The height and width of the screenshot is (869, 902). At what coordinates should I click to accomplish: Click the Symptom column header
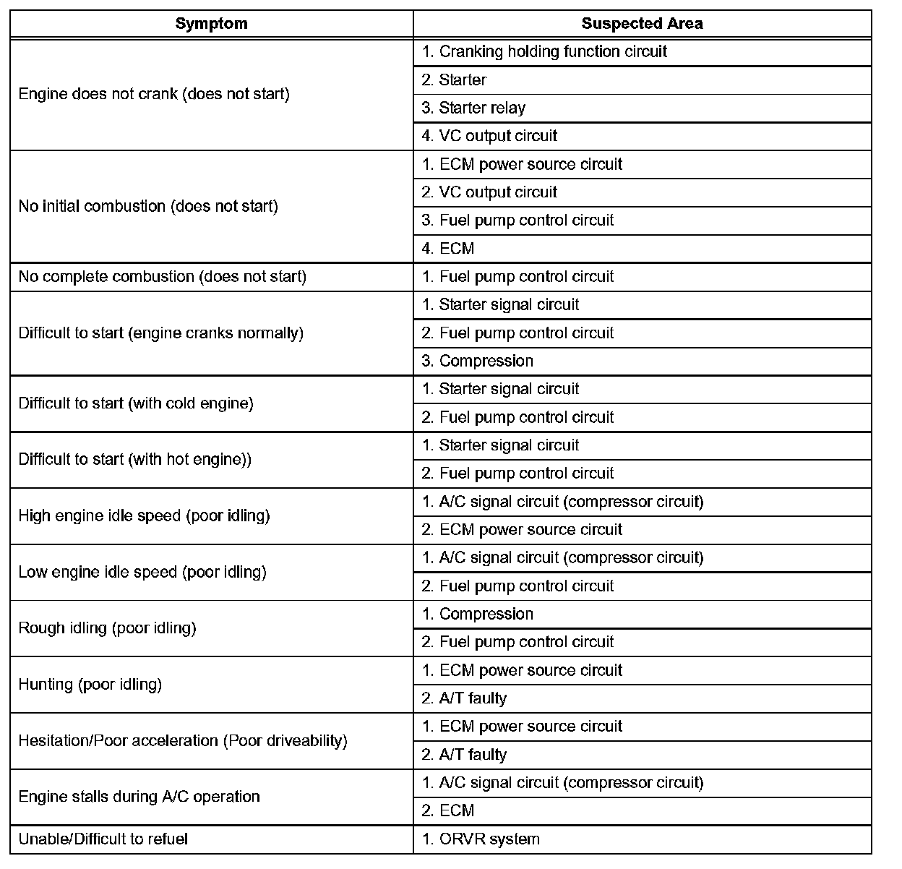(211, 24)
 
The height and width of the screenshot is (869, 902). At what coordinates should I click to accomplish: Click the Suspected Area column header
(642, 24)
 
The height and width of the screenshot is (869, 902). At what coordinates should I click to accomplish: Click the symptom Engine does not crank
(154, 94)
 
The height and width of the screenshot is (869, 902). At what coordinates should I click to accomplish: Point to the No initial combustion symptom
(148, 207)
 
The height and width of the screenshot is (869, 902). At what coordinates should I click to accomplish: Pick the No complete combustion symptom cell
(163, 277)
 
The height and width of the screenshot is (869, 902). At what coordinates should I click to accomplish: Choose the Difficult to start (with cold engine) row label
(136, 403)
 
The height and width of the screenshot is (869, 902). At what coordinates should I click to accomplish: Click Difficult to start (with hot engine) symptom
(135, 460)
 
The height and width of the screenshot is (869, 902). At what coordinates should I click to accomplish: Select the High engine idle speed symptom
(144, 516)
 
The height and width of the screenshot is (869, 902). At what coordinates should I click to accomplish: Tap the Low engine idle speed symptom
(142, 573)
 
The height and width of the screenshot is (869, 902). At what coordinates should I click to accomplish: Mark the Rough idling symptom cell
(107, 628)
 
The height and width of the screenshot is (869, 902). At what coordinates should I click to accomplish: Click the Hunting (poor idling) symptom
(90, 685)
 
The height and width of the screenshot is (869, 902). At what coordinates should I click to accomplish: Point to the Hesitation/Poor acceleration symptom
(183, 741)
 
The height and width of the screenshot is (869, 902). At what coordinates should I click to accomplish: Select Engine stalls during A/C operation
(139, 797)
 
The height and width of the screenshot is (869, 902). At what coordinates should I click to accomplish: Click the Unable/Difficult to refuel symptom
(103, 839)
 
